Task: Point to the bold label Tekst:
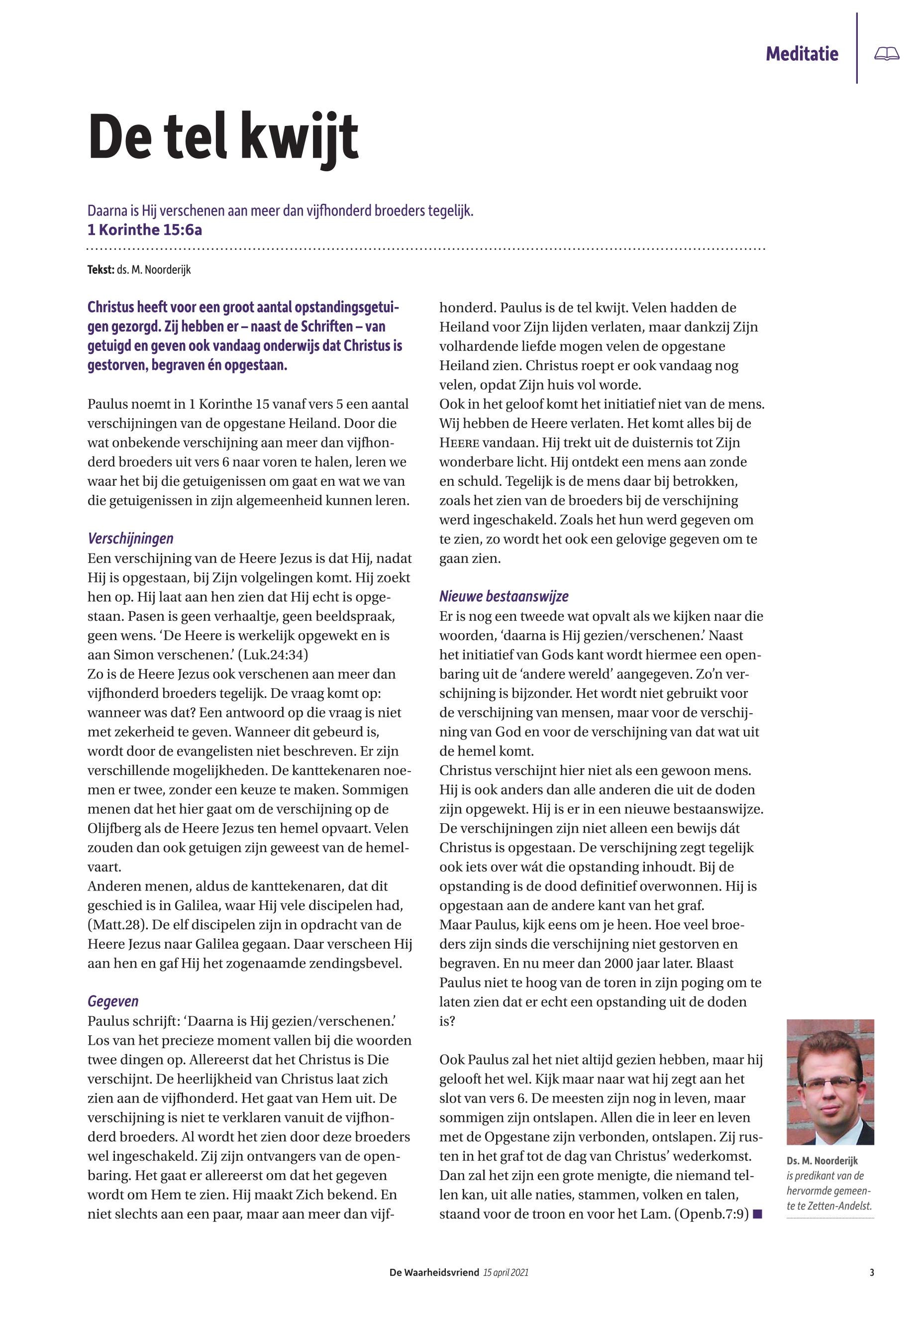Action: point(101,269)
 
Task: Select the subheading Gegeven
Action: point(113,1001)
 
